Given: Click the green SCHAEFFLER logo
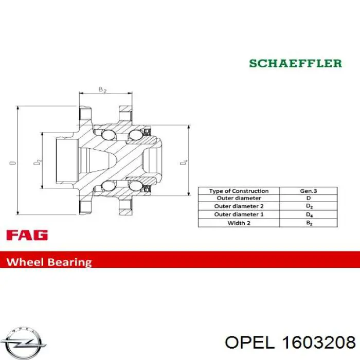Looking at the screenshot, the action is (296, 63).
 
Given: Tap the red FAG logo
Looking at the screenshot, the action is (27, 235).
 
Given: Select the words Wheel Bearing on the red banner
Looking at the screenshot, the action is (49, 262).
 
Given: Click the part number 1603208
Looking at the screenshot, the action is (319, 343).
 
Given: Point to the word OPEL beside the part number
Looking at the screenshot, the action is (250, 343).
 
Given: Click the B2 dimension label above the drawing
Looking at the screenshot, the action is (102, 89).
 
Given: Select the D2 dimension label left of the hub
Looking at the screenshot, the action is (38, 161).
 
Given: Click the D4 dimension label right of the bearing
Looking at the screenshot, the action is (184, 162).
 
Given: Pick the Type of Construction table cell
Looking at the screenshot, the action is (239, 191).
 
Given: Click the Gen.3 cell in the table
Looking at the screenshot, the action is (309, 191).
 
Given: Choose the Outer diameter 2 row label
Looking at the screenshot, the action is (239, 206).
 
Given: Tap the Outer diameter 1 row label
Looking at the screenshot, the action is (239, 214).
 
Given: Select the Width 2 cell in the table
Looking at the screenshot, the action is (239, 223).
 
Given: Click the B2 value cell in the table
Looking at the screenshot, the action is (309, 223).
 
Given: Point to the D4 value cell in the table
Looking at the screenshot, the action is (309, 214).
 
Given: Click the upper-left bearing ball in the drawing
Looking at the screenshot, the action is (108, 135).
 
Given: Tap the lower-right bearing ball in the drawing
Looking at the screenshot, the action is (135, 186).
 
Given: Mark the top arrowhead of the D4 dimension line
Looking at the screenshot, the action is (189, 127).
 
